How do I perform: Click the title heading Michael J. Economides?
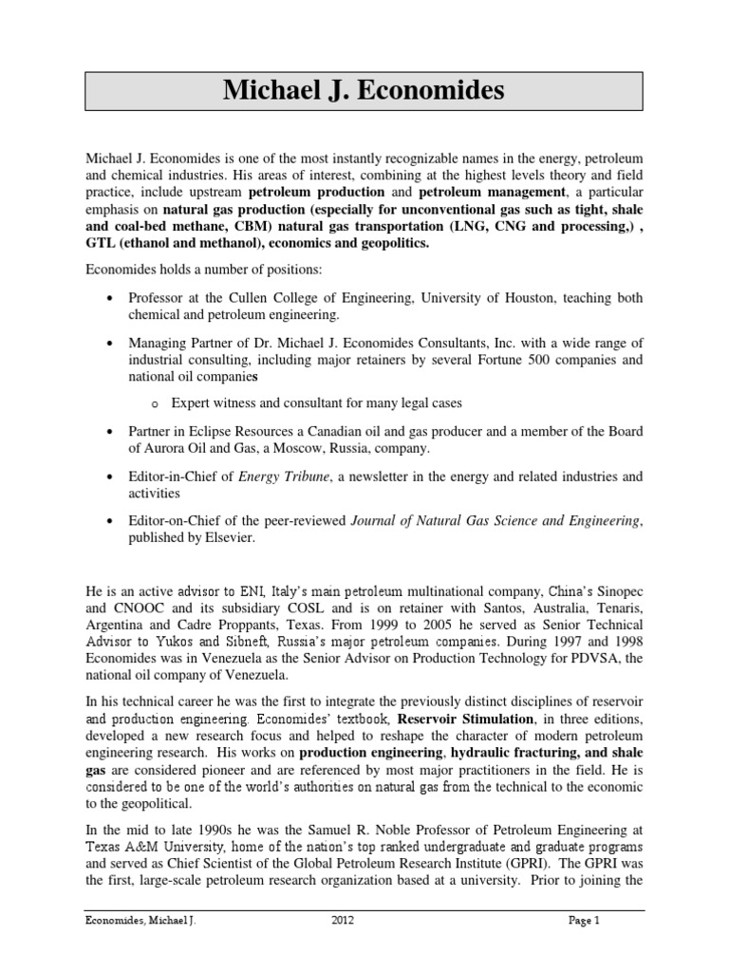364,92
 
